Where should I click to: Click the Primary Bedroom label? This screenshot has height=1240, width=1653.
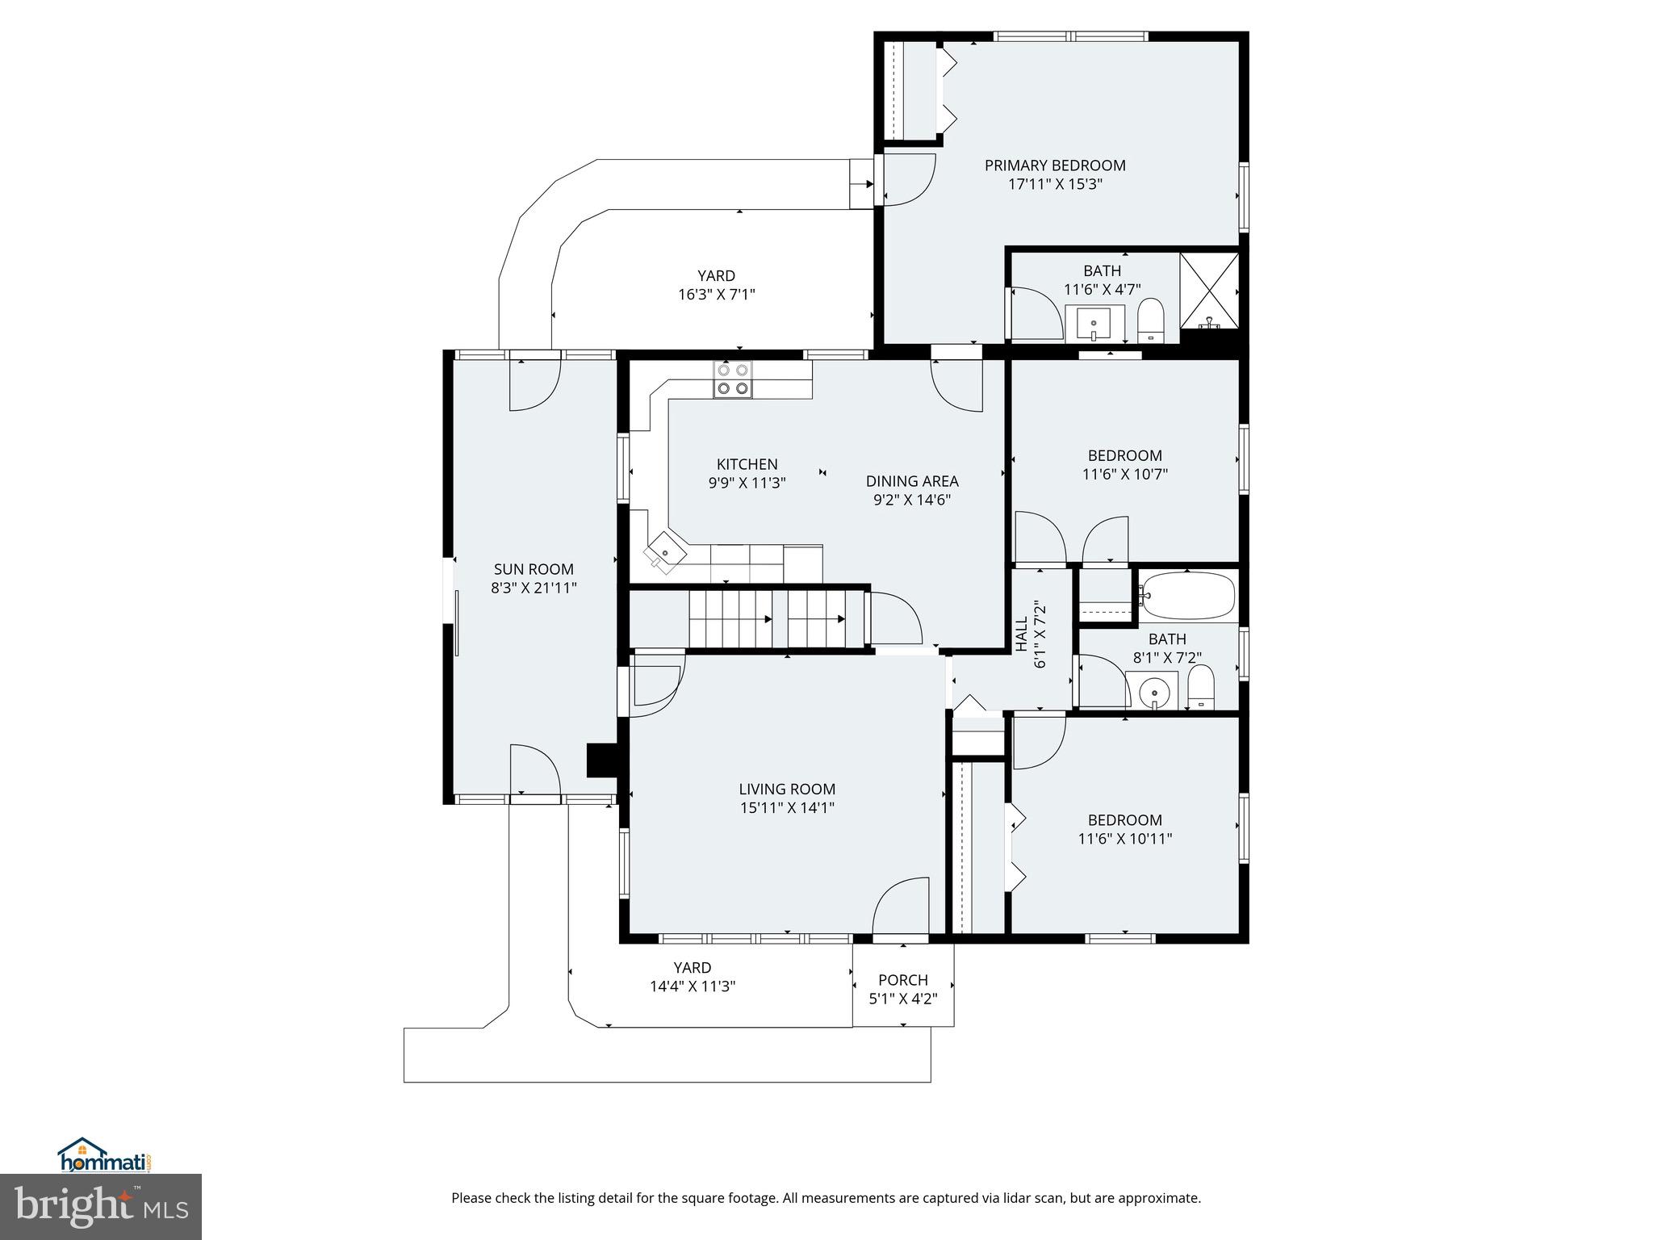[x=1055, y=165]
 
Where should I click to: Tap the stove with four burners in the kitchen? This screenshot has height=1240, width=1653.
[x=732, y=379]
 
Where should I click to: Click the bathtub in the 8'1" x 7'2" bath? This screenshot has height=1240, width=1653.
[x=1187, y=596]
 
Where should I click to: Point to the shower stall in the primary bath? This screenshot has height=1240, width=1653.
[x=1209, y=291]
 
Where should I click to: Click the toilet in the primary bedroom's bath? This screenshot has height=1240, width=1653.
[x=1150, y=321]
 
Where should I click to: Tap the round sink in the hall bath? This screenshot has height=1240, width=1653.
[x=1155, y=693]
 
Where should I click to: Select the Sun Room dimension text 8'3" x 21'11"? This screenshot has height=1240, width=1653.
[x=534, y=588]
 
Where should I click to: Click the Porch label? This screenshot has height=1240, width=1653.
[x=902, y=980]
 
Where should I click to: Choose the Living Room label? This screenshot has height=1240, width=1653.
[x=787, y=790]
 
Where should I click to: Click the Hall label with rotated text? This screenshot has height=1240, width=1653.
[x=1021, y=635]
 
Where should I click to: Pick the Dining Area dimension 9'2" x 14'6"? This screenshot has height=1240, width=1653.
[x=912, y=500]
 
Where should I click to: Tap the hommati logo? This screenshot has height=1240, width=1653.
[x=105, y=1156]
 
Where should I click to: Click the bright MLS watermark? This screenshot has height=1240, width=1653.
[x=101, y=1207]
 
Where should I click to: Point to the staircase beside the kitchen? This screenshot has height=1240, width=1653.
[x=767, y=619]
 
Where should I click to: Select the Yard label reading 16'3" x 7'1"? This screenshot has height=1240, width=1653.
[x=716, y=276]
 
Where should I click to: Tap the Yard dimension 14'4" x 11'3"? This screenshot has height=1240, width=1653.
[x=693, y=987]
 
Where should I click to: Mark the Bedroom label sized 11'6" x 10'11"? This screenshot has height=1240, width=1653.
[x=1124, y=820]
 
